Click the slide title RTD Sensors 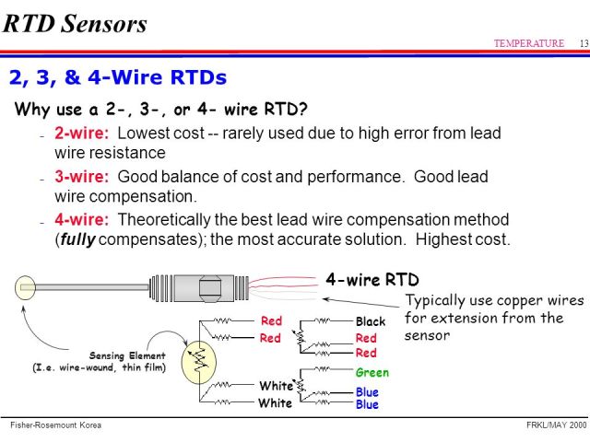[x=75, y=23]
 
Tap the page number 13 [x=584, y=43]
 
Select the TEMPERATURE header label [x=528, y=43]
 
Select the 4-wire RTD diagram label [x=372, y=279]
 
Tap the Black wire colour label [x=371, y=322]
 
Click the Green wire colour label [x=372, y=373]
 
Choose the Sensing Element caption [x=127, y=355]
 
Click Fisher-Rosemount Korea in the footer [x=55, y=425]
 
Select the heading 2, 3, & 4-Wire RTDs [x=117, y=76]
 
